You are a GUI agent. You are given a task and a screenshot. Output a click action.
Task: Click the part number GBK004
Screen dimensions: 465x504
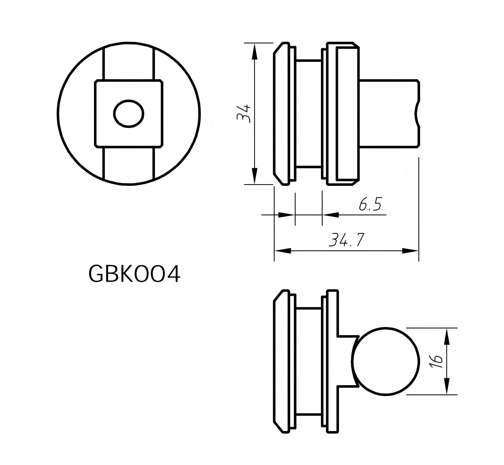pyautogui.click(x=134, y=274)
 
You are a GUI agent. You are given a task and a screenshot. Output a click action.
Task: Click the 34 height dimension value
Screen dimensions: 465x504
pyautogui.click(x=244, y=113)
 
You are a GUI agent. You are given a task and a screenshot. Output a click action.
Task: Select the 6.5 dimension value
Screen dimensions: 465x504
pyautogui.click(x=370, y=205)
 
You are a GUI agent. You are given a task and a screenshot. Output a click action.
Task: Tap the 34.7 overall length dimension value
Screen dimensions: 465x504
pyautogui.click(x=346, y=241)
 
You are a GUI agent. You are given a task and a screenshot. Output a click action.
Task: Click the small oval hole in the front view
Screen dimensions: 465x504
pyautogui.click(x=129, y=114)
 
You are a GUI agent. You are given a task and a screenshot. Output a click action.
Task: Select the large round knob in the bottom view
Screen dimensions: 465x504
pyautogui.click(x=385, y=361)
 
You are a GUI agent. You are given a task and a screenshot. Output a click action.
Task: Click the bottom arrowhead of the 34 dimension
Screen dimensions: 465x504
pyautogui.click(x=254, y=177)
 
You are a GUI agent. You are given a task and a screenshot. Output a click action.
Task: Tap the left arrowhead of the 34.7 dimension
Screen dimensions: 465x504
pyautogui.click(x=282, y=251)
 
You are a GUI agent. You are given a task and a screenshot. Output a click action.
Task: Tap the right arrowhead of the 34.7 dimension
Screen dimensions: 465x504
pyautogui.click(x=411, y=251)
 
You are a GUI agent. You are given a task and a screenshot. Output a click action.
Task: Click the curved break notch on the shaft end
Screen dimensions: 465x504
pyautogui.click(x=417, y=114)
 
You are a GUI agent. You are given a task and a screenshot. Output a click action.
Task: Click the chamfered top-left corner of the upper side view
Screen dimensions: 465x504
pyautogui.click(x=278, y=48)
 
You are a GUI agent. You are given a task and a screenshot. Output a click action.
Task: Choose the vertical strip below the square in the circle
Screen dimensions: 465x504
pyautogui.click(x=129, y=164)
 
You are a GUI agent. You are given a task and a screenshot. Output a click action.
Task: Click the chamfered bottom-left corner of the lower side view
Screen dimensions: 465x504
pyautogui.click(x=278, y=427)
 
